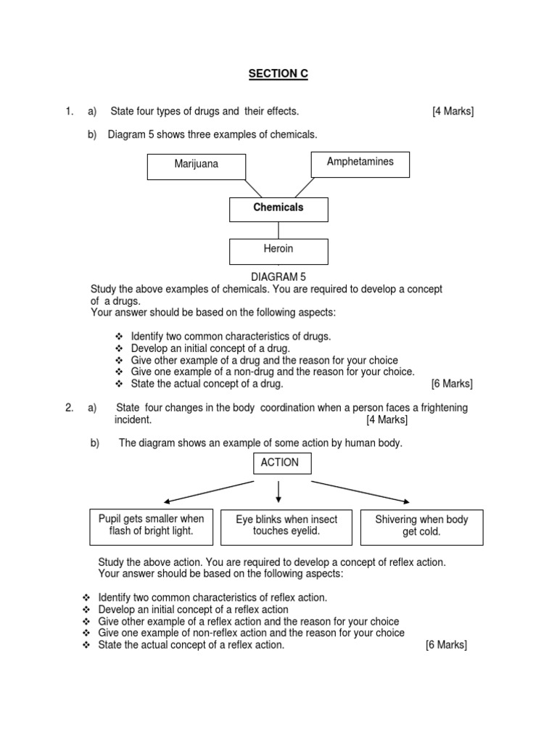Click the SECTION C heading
(x=278, y=74)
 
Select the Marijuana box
(x=196, y=165)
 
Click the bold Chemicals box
(x=278, y=208)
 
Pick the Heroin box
(x=278, y=250)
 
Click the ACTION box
(x=280, y=463)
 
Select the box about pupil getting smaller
(x=151, y=525)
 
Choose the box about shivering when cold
(x=421, y=526)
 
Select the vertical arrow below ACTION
(x=279, y=491)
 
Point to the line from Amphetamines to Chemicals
(x=304, y=187)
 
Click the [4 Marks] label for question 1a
(x=453, y=111)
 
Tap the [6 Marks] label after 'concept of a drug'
(x=451, y=384)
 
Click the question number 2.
(x=69, y=408)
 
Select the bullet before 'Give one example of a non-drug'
(x=120, y=372)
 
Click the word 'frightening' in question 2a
(x=441, y=408)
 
